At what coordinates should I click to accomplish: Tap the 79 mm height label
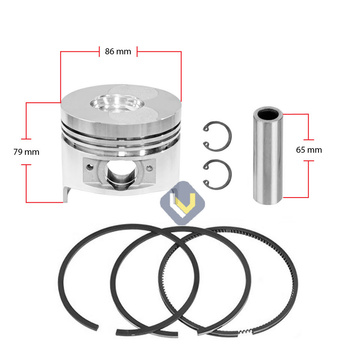26,152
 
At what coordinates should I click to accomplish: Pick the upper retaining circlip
219,136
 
